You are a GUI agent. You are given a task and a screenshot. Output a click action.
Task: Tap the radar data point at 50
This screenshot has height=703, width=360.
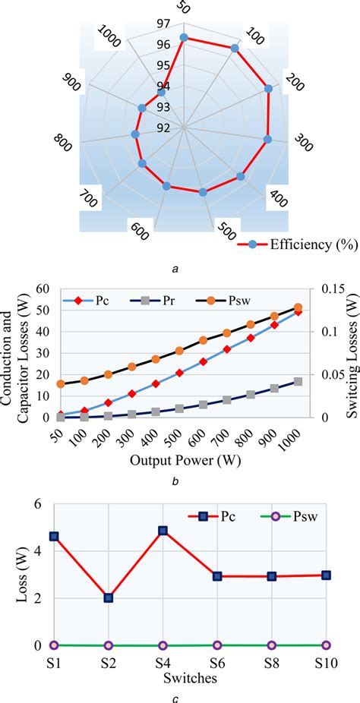click(183, 37)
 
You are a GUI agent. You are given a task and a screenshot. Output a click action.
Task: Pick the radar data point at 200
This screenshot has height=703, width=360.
click(268, 89)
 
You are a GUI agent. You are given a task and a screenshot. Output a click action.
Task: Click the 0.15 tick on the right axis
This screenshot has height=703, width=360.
click(324, 288)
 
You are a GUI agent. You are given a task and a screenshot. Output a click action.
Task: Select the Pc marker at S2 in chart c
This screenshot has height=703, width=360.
click(109, 597)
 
